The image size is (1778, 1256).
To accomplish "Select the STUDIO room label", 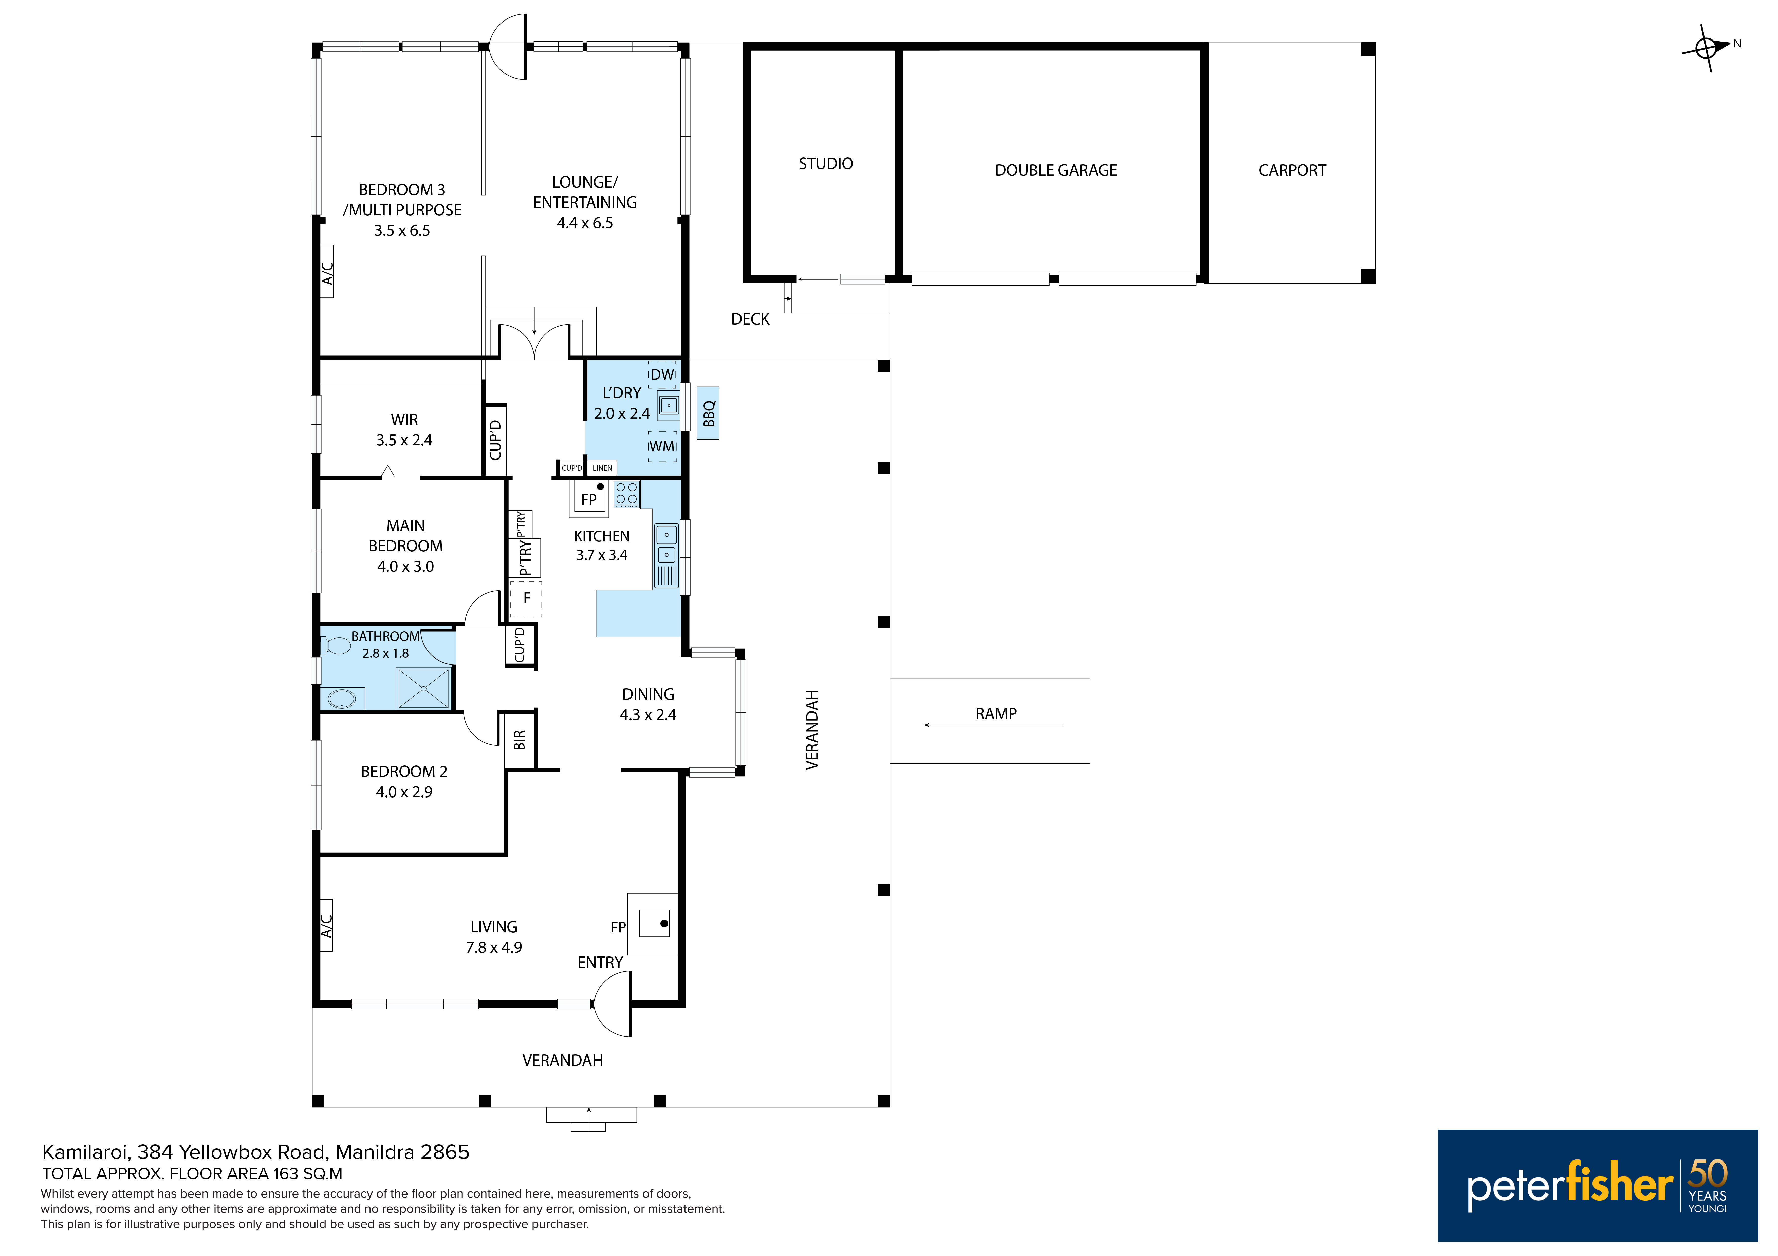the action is (825, 163).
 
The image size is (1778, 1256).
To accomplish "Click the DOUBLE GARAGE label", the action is (1055, 170).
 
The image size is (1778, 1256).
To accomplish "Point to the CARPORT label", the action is (1292, 170).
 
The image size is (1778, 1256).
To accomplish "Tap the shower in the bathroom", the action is (423, 687).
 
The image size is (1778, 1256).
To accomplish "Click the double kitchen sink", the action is (666, 544).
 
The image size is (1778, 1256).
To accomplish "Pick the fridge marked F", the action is (526, 598).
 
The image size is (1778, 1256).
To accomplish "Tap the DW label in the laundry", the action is (662, 374).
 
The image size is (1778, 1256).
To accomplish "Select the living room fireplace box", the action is (653, 924).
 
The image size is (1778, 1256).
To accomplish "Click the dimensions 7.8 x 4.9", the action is (494, 947).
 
